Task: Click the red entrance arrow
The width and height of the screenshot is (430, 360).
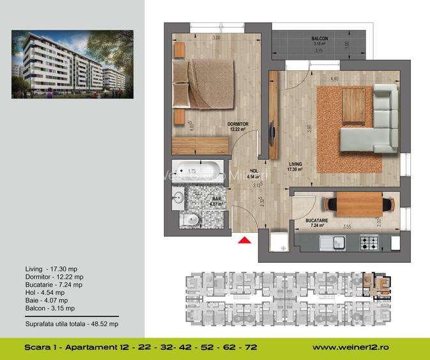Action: click(243, 240)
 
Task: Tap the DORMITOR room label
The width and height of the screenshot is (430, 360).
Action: click(238, 124)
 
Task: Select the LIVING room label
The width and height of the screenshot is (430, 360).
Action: click(295, 164)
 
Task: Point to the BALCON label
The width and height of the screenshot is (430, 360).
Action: click(319, 39)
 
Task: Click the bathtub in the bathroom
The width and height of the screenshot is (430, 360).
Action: click(197, 171)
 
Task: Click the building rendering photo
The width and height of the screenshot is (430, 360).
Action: click(72, 65)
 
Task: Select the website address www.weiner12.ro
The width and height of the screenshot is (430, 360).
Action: click(352, 348)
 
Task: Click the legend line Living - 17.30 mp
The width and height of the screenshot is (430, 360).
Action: click(47, 269)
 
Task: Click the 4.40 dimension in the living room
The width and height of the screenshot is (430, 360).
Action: click(334, 79)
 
